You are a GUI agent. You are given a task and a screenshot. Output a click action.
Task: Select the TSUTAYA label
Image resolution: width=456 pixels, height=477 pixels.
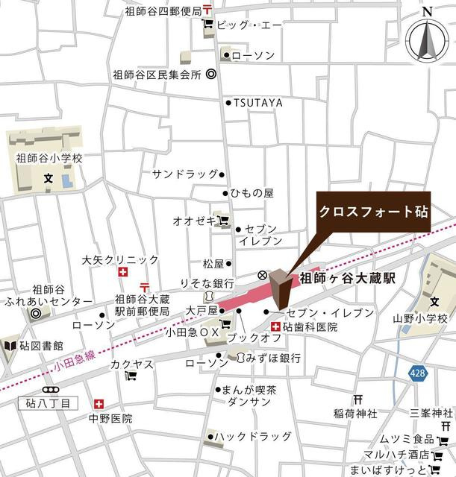pos(258,102)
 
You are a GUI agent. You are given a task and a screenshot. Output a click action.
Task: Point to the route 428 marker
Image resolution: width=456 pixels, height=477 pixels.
pos(419,379)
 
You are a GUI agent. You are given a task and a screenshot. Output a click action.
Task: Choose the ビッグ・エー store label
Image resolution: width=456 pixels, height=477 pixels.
pos(250,25)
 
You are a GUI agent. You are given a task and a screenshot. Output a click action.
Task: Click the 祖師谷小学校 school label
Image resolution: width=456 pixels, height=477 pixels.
pos(49,159)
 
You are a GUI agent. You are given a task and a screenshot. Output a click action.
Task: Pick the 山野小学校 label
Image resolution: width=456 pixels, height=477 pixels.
pos(420,319)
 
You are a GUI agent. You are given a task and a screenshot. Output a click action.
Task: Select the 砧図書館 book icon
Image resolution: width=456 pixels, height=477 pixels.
pos(10,346)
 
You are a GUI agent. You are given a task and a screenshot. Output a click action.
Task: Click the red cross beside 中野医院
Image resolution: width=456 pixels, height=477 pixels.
pos(96,404)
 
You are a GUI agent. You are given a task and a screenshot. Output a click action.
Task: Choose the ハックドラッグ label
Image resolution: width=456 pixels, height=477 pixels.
pos(254,435)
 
